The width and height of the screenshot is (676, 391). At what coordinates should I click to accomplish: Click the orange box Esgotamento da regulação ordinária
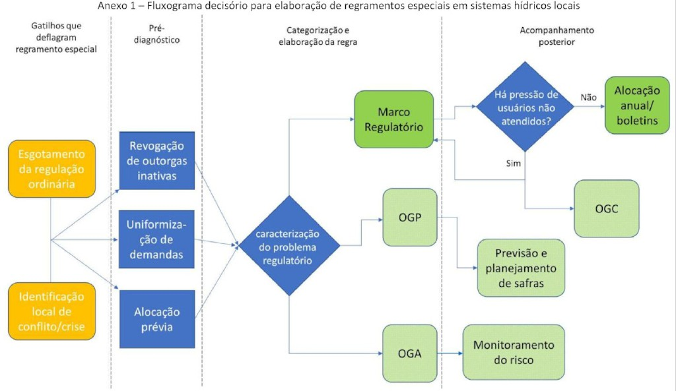[x=51, y=168]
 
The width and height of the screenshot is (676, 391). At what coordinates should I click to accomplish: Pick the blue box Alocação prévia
[x=157, y=319]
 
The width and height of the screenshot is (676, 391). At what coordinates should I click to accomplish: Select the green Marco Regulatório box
[x=395, y=119]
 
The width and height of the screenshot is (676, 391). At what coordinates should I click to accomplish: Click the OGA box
[x=409, y=354]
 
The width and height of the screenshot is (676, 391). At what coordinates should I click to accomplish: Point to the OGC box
[x=606, y=208]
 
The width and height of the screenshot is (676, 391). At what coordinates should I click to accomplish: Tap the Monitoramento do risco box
[x=514, y=353]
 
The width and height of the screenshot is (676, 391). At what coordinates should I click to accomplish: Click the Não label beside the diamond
[x=588, y=98]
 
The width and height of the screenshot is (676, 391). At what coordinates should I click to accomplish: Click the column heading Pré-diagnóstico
[x=156, y=35]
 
